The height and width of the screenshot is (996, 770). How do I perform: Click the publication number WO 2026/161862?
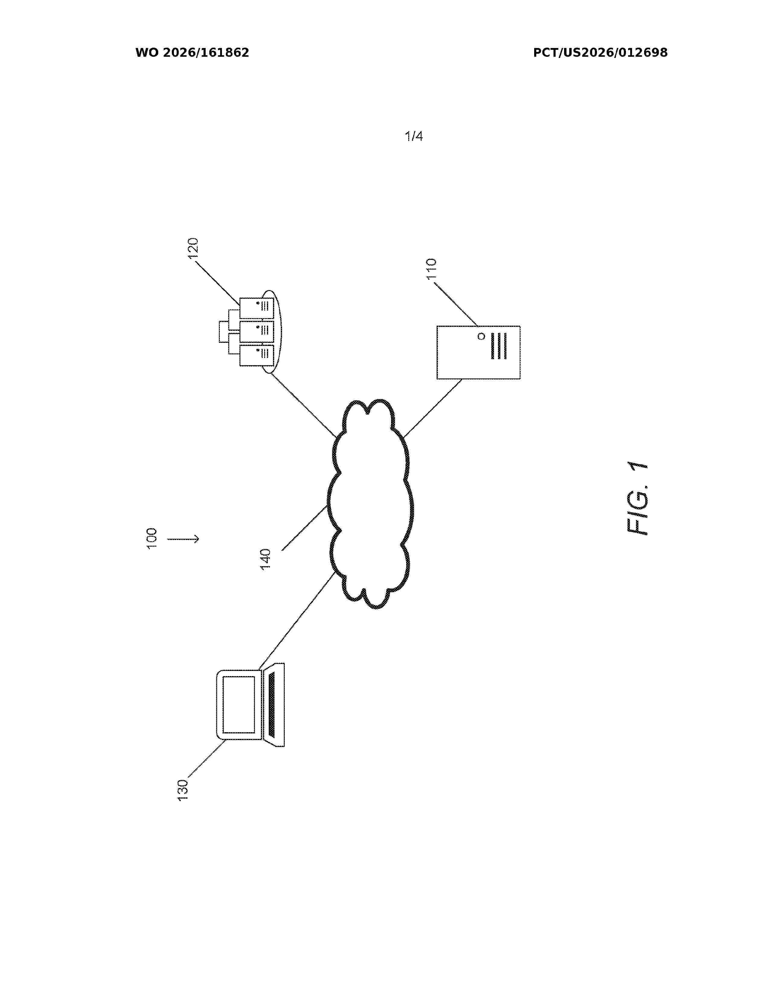tap(192, 53)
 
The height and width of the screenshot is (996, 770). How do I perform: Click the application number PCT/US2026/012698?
tap(600, 53)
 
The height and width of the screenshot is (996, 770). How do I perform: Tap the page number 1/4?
tap(414, 136)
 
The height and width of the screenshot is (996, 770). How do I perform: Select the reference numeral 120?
tap(194, 248)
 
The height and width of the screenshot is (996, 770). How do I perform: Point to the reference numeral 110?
tap(431, 269)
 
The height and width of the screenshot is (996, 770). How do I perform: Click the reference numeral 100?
tap(152, 538)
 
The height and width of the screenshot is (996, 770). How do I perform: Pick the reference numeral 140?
tap(265, 559)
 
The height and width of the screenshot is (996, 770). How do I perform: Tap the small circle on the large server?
tap(481, 337)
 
